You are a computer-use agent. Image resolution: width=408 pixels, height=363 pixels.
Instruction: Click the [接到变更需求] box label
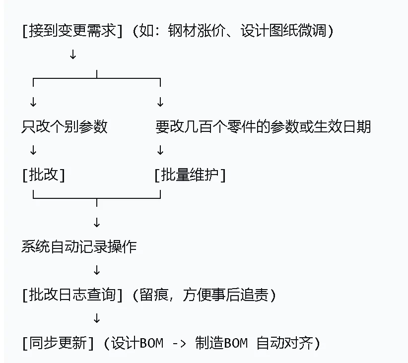tap(72, 31)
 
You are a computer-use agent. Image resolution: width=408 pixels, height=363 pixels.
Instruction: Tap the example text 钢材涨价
tap(197, 31)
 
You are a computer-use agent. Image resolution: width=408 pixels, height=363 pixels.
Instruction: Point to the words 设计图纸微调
tap(283, 31)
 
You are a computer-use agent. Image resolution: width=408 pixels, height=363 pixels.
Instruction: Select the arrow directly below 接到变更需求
tap(73, 55)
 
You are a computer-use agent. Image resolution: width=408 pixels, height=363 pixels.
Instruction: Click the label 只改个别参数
tap(64, 126)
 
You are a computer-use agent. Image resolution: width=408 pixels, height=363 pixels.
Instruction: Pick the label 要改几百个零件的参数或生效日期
tap(263, 126)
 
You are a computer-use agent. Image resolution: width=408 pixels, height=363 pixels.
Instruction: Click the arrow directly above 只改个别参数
tap(33, 102)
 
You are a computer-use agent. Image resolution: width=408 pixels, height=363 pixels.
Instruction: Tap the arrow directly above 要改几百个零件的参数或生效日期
tap(160, 102)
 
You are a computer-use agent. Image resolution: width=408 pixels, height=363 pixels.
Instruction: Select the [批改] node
tap(44, 175)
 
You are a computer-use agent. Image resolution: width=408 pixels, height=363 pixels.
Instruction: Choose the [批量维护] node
tap(190, 175)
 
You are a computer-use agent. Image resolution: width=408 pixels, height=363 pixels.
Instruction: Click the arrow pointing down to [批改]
tap(33, 150)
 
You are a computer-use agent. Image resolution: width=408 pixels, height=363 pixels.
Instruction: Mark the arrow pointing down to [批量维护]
tap(160, 150)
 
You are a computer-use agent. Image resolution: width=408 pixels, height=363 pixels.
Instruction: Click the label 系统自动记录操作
tap(79, 246)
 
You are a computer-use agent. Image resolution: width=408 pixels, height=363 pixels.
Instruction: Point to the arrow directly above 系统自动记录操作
tap(97, 223)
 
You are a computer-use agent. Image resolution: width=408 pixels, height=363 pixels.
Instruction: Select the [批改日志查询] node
tap(72, 295)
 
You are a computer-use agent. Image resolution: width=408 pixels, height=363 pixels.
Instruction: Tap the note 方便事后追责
tap(225, 295)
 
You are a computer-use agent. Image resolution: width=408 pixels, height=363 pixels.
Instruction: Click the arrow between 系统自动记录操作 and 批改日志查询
tap(97, 270)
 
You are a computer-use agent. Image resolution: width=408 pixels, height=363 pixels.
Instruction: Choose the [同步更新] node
tap(58, 343)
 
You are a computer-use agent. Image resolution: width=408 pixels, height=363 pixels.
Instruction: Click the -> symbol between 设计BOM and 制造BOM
tap(179, 344)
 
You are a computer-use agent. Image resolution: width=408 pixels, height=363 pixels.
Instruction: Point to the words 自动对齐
tap(284, 343)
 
